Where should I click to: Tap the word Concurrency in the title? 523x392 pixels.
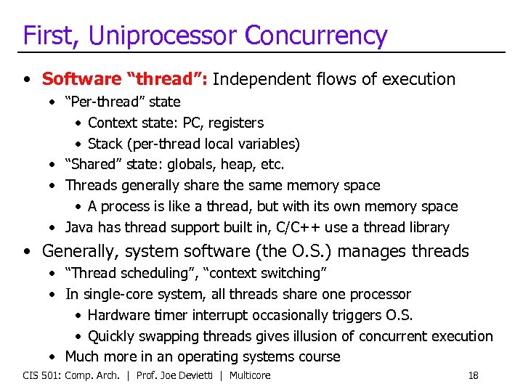point(315,35)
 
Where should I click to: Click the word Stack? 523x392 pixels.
point(105,144)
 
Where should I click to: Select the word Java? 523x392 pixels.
point(79,227)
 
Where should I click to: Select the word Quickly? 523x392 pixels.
point(113,336)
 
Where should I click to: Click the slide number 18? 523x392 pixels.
point(473,375)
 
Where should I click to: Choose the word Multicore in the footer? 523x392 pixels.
point(250,375)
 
